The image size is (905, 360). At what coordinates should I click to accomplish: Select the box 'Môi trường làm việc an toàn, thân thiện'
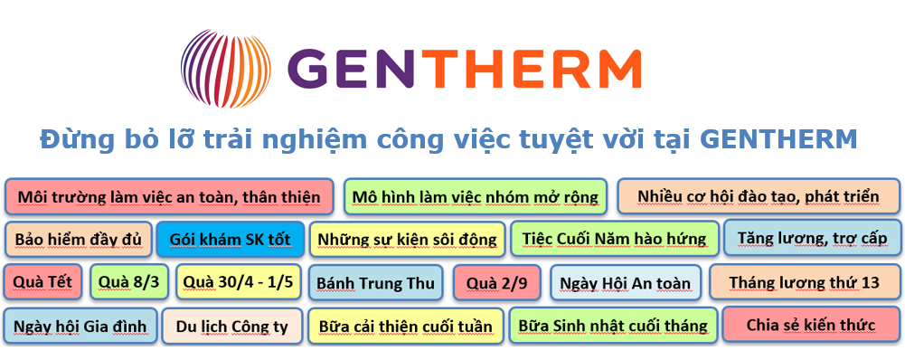point(169,196)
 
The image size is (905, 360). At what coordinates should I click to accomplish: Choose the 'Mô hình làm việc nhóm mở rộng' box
point(476,196)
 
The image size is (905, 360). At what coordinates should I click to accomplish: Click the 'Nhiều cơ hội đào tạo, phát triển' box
point(759,196)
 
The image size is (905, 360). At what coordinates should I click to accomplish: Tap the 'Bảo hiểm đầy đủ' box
point(79,240)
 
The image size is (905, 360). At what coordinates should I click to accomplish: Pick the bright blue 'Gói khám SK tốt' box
point(230,240)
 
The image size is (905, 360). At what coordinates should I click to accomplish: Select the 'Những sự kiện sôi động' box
point(406,240)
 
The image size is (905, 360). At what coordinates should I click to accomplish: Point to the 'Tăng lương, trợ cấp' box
point(812,238)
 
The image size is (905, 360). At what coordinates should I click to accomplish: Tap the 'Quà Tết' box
point(44,282)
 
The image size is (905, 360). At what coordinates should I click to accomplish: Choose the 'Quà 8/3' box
point(129,282)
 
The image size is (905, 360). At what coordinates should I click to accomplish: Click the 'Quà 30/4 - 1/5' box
point(238,282)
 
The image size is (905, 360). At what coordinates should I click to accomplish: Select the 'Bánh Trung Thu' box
point(375,283)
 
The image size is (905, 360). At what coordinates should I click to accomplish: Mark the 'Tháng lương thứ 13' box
point(804,282)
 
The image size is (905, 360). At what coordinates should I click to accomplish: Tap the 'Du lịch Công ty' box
point(232,326)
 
